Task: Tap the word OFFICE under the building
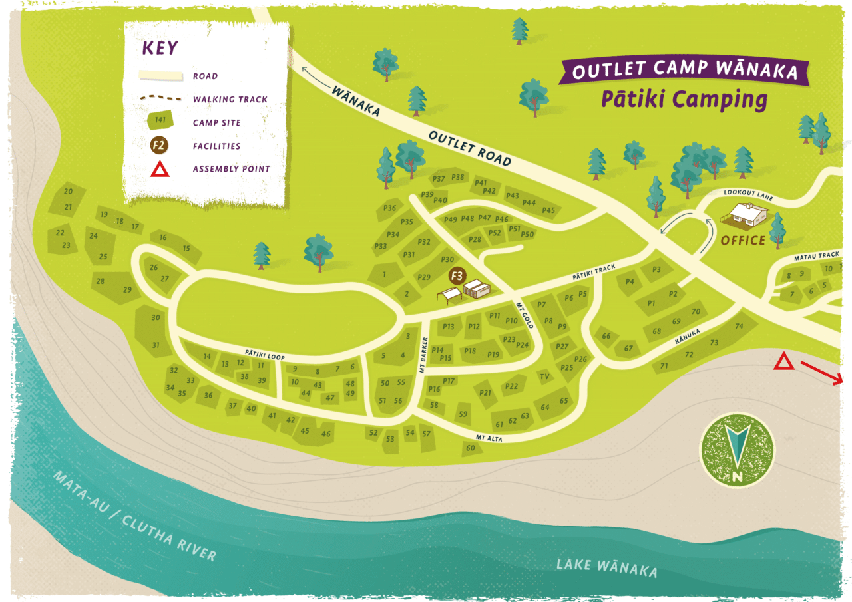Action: click(743, 241)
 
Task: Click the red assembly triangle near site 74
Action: click(783, 363)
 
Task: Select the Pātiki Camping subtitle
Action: click(684, 100)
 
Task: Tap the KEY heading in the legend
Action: click(160, 48)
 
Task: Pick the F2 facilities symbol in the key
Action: click(158, 145)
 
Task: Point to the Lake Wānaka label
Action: click(607, 568)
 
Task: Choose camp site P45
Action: click(548, 210)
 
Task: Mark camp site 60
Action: click(471, 448)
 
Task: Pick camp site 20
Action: click(68, 192)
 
